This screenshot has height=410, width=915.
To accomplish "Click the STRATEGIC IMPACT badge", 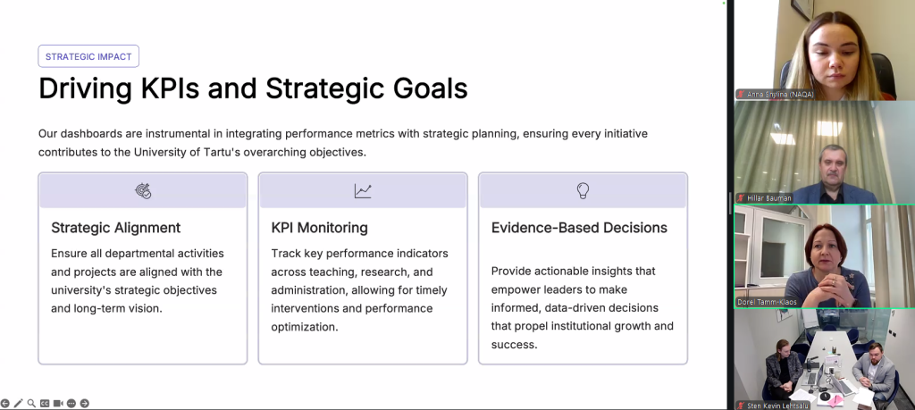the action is coord(88,56).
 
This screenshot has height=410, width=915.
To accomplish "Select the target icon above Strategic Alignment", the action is coord(143,191).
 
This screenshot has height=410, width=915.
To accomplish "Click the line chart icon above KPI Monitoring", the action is coord(363,191).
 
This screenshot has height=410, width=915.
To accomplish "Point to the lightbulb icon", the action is coord(583,191).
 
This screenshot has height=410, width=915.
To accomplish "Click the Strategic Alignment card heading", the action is coord(116,228).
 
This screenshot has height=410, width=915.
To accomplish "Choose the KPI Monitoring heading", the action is coord(319,228).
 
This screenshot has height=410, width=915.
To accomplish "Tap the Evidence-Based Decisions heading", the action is coord(579,228).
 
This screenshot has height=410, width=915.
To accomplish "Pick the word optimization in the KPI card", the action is coord(305,327).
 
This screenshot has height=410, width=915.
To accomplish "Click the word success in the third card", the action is coord(514,345).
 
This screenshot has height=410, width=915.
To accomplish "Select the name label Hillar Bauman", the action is coord(769,198).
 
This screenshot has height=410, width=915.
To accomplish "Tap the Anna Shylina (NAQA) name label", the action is coord(780,94).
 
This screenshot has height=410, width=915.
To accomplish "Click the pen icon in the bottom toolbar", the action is coord(18,403).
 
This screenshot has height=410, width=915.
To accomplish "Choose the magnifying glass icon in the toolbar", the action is coord(31,403).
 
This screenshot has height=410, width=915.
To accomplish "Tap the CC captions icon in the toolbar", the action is coord(45,403).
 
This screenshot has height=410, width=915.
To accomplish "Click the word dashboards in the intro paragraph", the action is coord(87,134).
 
